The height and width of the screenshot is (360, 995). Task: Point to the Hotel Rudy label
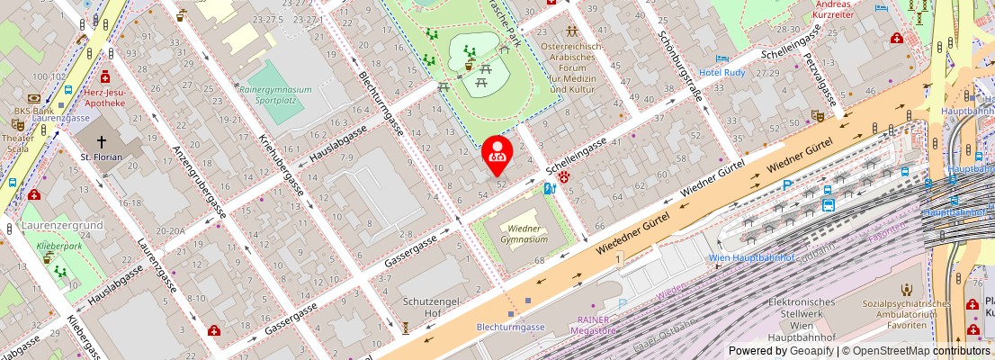722,72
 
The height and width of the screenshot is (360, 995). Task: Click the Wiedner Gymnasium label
523,234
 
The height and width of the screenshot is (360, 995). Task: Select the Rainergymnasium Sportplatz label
274,95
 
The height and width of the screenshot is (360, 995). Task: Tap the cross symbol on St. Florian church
101,141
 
